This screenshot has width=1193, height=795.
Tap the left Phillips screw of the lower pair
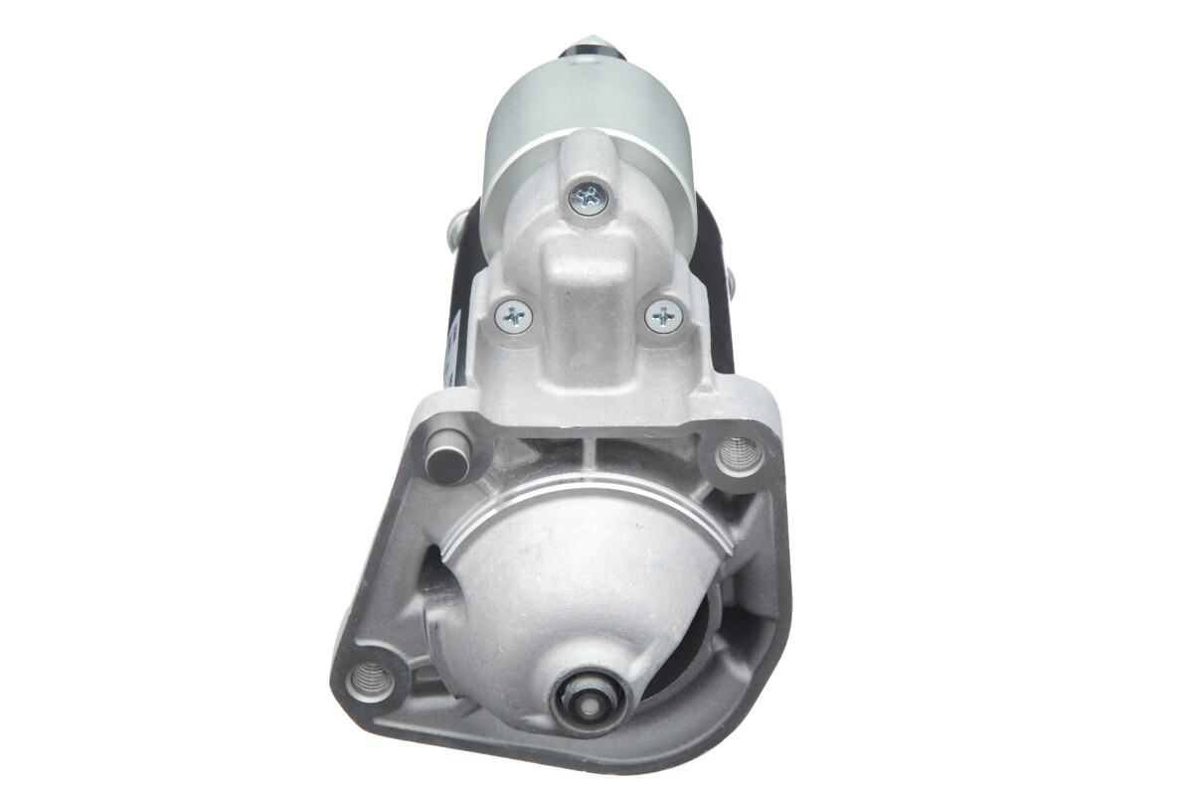pyautogui.click(x=514, y=317)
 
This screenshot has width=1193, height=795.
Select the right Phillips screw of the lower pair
pyautogui.click(x=663, y=317)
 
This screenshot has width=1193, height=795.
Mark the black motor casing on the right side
pyautogui.click(x=716, y=298)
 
